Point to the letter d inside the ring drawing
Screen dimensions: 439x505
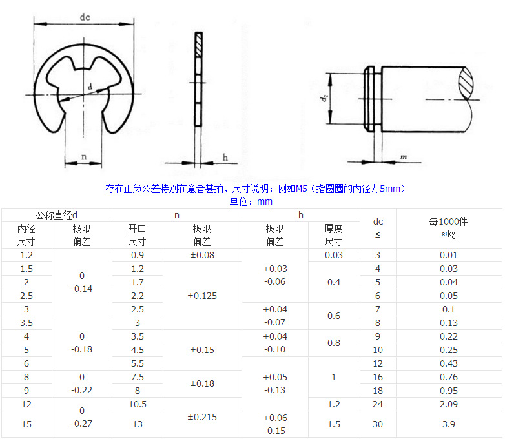[89, 86]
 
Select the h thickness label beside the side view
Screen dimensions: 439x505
[225, 157]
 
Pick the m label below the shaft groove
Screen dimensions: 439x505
[403, 157]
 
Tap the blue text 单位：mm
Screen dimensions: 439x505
[252, 201]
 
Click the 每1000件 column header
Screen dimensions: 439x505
[448, 221]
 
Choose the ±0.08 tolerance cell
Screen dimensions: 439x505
[202, 255]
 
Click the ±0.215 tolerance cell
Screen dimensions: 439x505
[202, 417]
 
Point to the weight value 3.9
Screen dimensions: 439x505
[448, 424]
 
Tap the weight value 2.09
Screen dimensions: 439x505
[448, 404]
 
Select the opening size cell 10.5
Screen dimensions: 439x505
[137, 404]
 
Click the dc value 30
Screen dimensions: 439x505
[378, 424]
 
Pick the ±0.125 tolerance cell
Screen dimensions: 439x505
[202, 296]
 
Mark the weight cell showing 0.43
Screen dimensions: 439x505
[448, 363]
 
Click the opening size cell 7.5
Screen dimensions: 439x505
[137, 377]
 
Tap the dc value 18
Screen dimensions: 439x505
[378, 391]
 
